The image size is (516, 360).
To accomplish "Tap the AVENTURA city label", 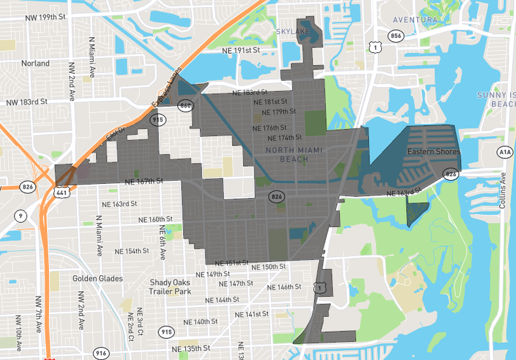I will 415,20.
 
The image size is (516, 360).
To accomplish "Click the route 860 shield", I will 186,106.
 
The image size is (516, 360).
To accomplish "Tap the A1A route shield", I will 504,153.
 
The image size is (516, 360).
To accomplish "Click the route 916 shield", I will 100,353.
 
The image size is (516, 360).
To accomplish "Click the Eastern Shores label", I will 434,152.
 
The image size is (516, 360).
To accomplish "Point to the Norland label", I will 35,63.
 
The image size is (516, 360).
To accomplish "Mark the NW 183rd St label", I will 27,102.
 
